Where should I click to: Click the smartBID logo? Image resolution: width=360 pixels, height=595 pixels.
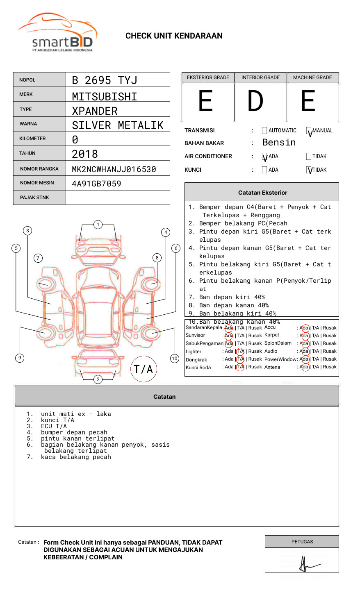[57, 33]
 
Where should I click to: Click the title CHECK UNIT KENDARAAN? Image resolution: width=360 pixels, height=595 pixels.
[174, 36]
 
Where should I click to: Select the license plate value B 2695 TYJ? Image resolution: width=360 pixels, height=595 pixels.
[105, 80]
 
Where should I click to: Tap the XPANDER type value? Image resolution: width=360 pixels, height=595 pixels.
[95, 111]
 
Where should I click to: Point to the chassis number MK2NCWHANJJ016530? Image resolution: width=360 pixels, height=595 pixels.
[114, 169]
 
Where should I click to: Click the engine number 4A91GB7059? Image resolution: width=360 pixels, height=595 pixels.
[96, 184]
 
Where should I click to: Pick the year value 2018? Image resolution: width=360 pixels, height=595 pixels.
[85, 154]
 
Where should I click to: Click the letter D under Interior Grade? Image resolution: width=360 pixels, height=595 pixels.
[255, 101]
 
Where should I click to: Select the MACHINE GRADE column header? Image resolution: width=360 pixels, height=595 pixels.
[312, 77]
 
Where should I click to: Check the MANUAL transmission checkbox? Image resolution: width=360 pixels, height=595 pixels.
[309, 131]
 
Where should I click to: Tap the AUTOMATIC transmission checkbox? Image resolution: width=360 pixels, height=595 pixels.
[264, 131]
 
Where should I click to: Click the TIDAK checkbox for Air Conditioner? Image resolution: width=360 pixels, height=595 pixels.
[309, 156]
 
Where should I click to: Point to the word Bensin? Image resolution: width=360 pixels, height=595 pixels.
[279, 143]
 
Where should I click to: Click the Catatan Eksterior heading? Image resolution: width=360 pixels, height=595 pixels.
[262, 193]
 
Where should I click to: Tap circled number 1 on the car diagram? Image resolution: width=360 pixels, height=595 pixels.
[98, 225]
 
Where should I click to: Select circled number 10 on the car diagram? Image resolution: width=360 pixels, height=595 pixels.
[175, 359]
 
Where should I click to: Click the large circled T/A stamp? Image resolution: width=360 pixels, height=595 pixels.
[144, 369]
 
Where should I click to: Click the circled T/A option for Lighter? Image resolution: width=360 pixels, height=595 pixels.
[240, 351]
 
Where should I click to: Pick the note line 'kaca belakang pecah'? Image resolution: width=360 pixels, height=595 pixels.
[76, 457]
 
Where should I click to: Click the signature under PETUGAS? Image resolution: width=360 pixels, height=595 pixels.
[308, 565]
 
